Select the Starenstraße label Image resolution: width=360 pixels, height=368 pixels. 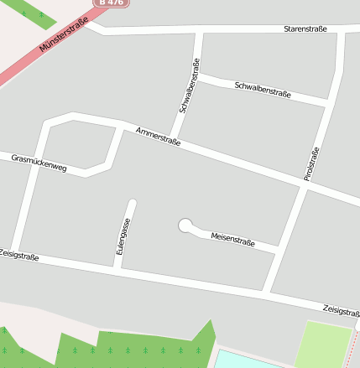click(305, 29)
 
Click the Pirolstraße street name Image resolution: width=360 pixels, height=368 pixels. click(312, 164)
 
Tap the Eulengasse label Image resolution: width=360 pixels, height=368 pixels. click(123, 236)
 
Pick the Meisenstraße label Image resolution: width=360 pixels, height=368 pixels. click(232, 239)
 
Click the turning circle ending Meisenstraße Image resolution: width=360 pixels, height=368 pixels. click(185, 225)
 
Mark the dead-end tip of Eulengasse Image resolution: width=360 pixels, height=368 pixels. click(132, 204)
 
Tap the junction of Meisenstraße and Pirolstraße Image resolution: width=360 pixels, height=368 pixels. click(276, 251)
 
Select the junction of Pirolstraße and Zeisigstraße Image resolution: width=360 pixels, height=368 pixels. click(267, 293)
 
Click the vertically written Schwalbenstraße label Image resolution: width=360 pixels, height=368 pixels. click(190, 86)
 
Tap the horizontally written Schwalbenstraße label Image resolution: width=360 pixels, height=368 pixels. click(263, 90)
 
